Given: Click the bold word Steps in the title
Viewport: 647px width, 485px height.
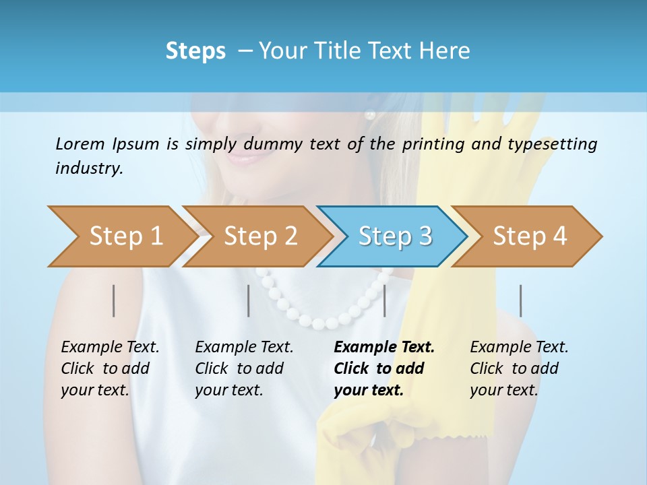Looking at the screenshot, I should tap(195, 51).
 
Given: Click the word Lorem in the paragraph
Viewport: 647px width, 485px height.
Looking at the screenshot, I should tap(80, 143).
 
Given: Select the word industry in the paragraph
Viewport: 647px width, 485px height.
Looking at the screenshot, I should tap(89, 168).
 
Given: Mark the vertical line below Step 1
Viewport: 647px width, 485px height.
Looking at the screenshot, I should tap(114, 300).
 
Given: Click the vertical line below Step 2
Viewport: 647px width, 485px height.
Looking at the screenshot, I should tap(249, 300).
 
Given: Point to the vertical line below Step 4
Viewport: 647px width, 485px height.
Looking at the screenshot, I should tap(521, 300).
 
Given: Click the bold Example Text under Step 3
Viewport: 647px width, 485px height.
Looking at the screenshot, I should tap(384, 348).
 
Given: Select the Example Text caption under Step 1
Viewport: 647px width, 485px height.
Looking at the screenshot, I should tap(110, 348).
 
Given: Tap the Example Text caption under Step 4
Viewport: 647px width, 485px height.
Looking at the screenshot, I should tap(519, 348).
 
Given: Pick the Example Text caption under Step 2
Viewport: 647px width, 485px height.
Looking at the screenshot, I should tap(244, 348).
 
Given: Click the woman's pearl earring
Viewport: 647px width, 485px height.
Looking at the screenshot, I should tap(369, 115).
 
